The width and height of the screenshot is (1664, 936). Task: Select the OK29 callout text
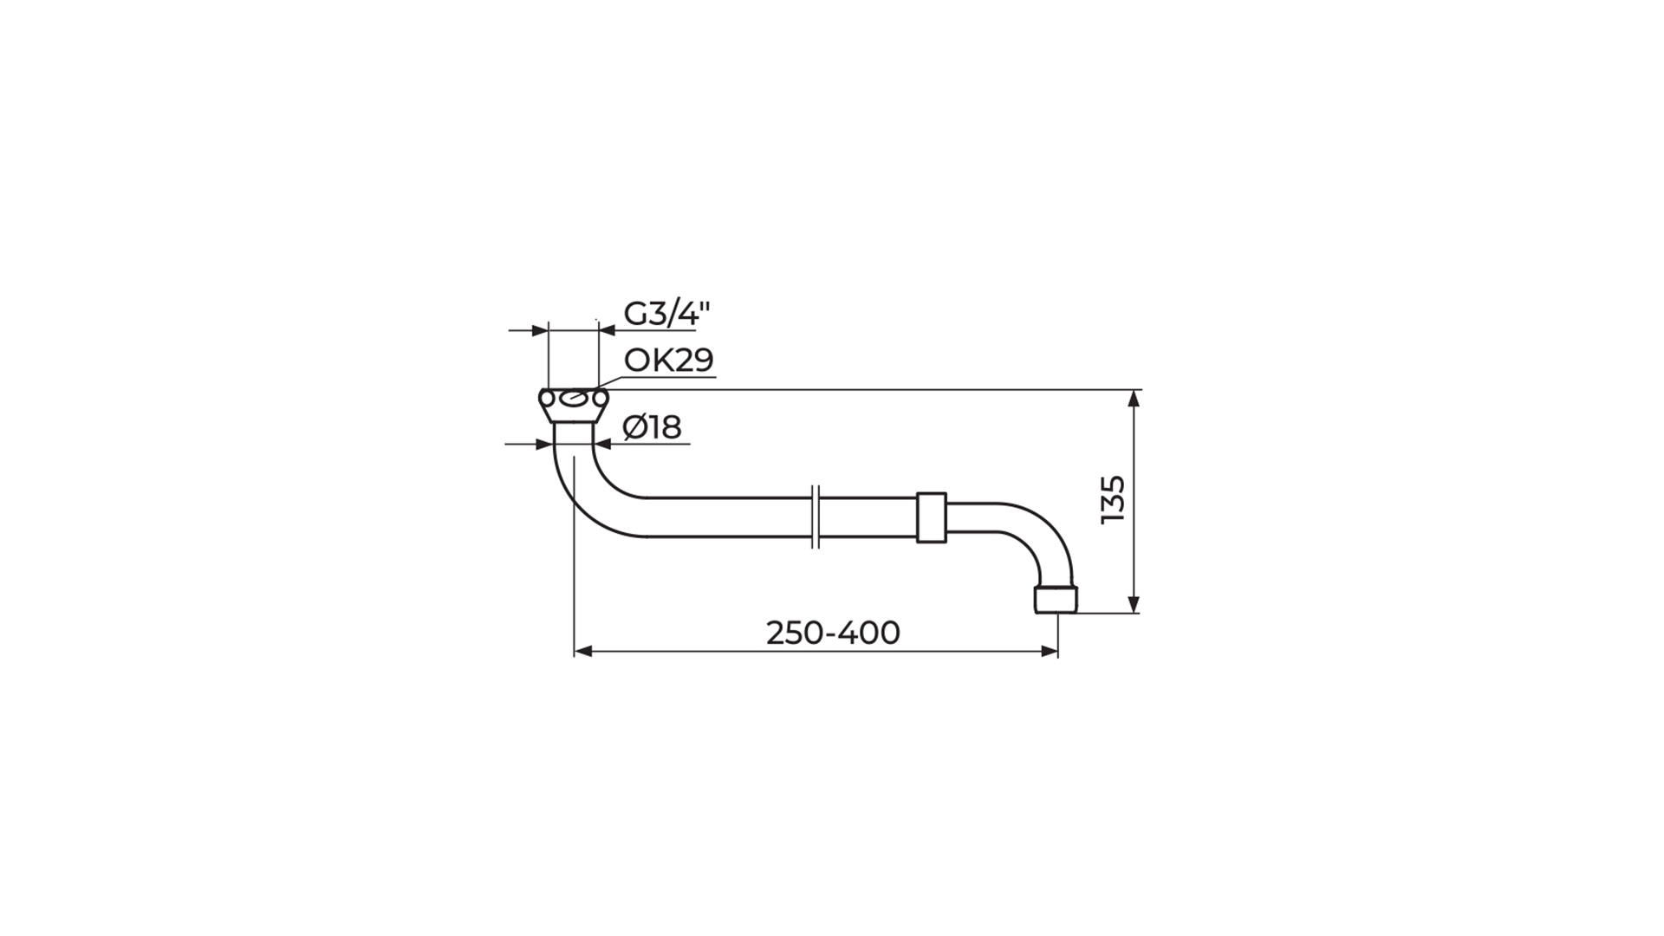[669, 360]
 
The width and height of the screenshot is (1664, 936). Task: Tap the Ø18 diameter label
[653, 427]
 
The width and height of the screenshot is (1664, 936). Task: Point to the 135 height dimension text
[1113, 498]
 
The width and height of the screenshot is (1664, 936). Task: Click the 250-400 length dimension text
[833, 634]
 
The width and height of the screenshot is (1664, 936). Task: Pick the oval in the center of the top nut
[574, 399]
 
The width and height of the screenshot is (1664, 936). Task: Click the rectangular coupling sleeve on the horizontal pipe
[931, 517]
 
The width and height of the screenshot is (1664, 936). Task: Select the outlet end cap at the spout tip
[1056, 599]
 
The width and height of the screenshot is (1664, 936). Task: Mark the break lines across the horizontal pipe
[815, 517]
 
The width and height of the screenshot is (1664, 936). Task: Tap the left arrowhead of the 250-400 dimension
[582, 651]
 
